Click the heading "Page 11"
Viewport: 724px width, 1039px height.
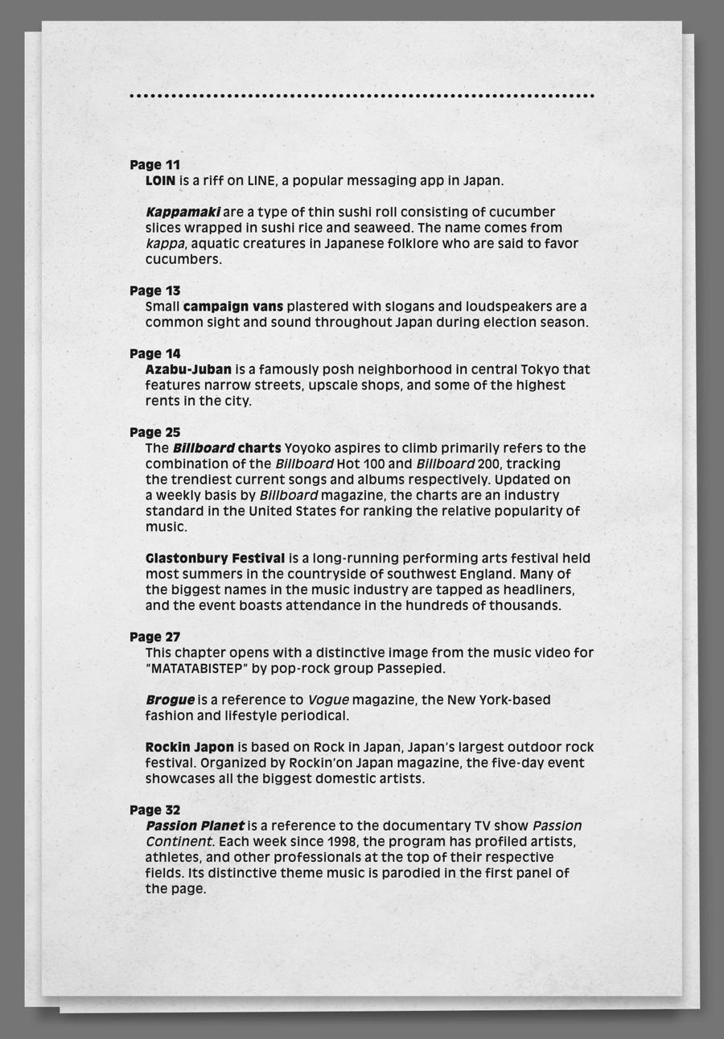(154, 165)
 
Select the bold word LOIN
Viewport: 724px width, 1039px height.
(160, 180)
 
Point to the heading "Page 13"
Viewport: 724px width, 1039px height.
(154, 291)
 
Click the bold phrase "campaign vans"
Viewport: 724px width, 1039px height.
(233, 307)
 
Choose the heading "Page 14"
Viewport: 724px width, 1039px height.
(154, 353)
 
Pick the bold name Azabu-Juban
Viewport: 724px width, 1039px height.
(188, 369)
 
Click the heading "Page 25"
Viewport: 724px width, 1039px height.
(154, 432)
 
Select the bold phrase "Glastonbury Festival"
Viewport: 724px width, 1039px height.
(215, 558)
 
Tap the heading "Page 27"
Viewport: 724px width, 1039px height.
(154, 637)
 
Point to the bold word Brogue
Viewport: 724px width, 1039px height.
(170, 700)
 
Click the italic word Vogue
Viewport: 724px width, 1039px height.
(327, 700)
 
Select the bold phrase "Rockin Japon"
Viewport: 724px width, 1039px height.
(190, 747)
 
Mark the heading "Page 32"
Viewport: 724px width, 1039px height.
(154, 810)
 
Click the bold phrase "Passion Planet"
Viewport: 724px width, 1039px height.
(195, 826)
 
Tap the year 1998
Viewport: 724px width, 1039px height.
(343, 842)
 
